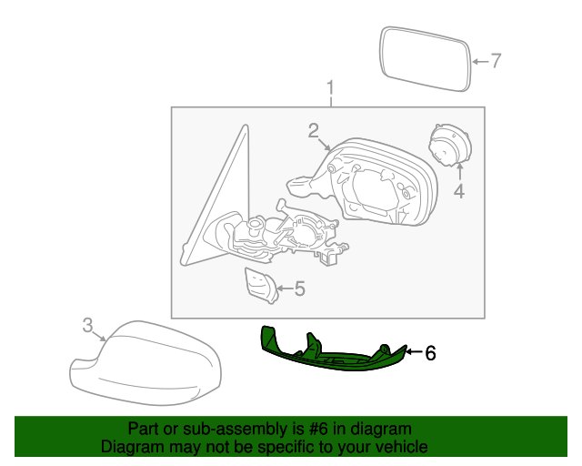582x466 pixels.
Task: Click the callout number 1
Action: pos(330,88)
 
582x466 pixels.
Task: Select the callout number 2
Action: pos(313,129)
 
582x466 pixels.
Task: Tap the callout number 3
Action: pos(87,325)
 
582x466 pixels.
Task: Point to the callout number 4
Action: pos(459,191)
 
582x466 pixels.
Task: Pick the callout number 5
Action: pos(299,289)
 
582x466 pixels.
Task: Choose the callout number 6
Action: pos(431,352)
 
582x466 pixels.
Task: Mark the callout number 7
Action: pos(496,61)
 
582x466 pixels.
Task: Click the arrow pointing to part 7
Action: pos(480,62)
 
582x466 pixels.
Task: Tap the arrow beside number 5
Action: pos(283,289)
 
